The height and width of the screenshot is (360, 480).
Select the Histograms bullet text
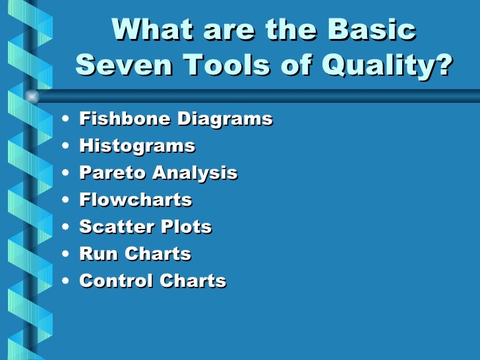pos(136,146)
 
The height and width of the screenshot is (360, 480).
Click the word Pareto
pos(112,173)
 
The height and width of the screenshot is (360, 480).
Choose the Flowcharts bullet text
pos(135,200)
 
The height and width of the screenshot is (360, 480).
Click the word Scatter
pos(113,227)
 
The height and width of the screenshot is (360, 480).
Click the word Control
pos(115,281)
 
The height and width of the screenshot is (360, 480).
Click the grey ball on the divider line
pos(31,96)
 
